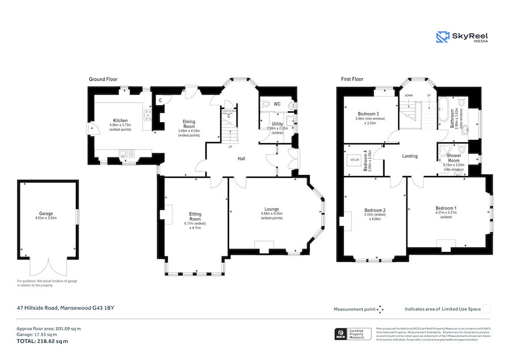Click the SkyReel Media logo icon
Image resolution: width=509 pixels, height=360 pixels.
[x=442, y=37]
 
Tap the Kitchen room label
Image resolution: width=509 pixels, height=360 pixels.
[x=120, y=121]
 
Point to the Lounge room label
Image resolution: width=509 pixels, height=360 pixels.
[x=271, y=209]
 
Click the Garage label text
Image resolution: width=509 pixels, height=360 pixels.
[x=46, y=214]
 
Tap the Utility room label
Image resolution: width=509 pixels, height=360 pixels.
[x=277, y=123]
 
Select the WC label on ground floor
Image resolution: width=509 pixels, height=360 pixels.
[x=277, y=105]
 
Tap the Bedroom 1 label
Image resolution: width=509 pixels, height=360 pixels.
[x=446, y=208]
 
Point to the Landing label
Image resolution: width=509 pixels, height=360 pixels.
[x=409, y=156]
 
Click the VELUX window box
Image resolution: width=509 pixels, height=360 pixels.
[x=355, y=160]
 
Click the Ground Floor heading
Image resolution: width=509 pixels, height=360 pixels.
[x=103, y=80]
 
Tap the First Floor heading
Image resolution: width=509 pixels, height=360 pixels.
[x=352, y=80]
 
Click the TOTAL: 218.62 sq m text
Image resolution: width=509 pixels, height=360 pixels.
[x=42, y=341]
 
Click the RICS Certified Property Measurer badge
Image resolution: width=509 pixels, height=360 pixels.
[x=353, y=334]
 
